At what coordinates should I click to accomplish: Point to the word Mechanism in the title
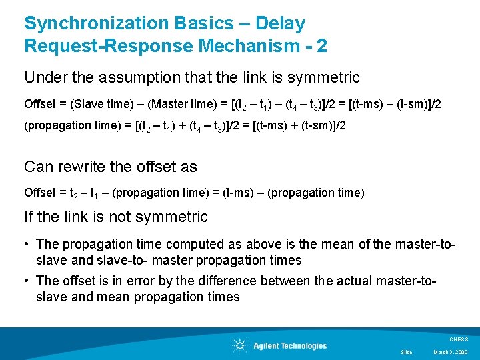point(239,47)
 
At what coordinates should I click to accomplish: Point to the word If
point(28,217)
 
